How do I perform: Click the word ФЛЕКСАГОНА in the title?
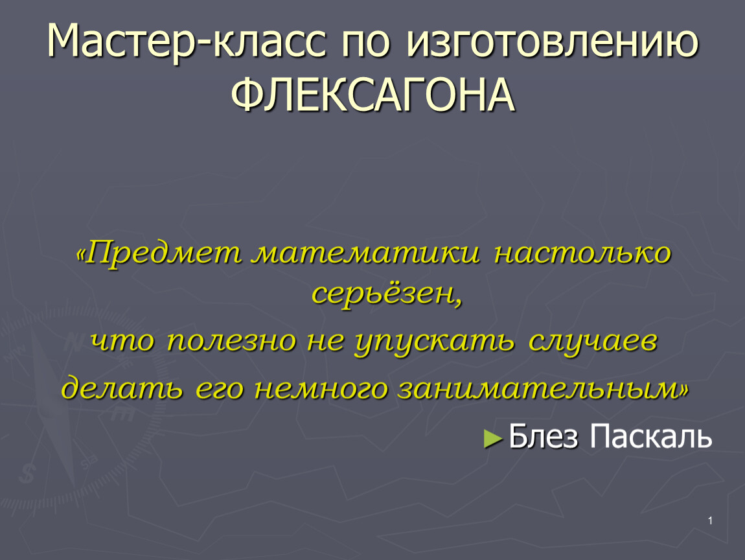click(x=373, y=95)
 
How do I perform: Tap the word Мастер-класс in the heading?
click(x=187, y=42)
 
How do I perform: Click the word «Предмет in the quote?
click(x=159, y=253)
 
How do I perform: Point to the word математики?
click(x=365, y=252)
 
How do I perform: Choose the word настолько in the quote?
click(x=582, y=252)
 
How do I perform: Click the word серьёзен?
click(x=387, y=294)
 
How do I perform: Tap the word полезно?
click(x=232, y=341)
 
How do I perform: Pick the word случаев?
click(x=593, y=342)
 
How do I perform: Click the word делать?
click(x=122, y=387)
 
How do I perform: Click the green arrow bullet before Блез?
click(x=493, y=439)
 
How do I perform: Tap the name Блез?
click(x=544, y=436)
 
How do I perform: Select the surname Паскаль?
click(x=651, y=436)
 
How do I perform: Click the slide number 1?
click(x=710, y=520)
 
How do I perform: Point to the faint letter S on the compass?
click(x=28, y=474)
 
